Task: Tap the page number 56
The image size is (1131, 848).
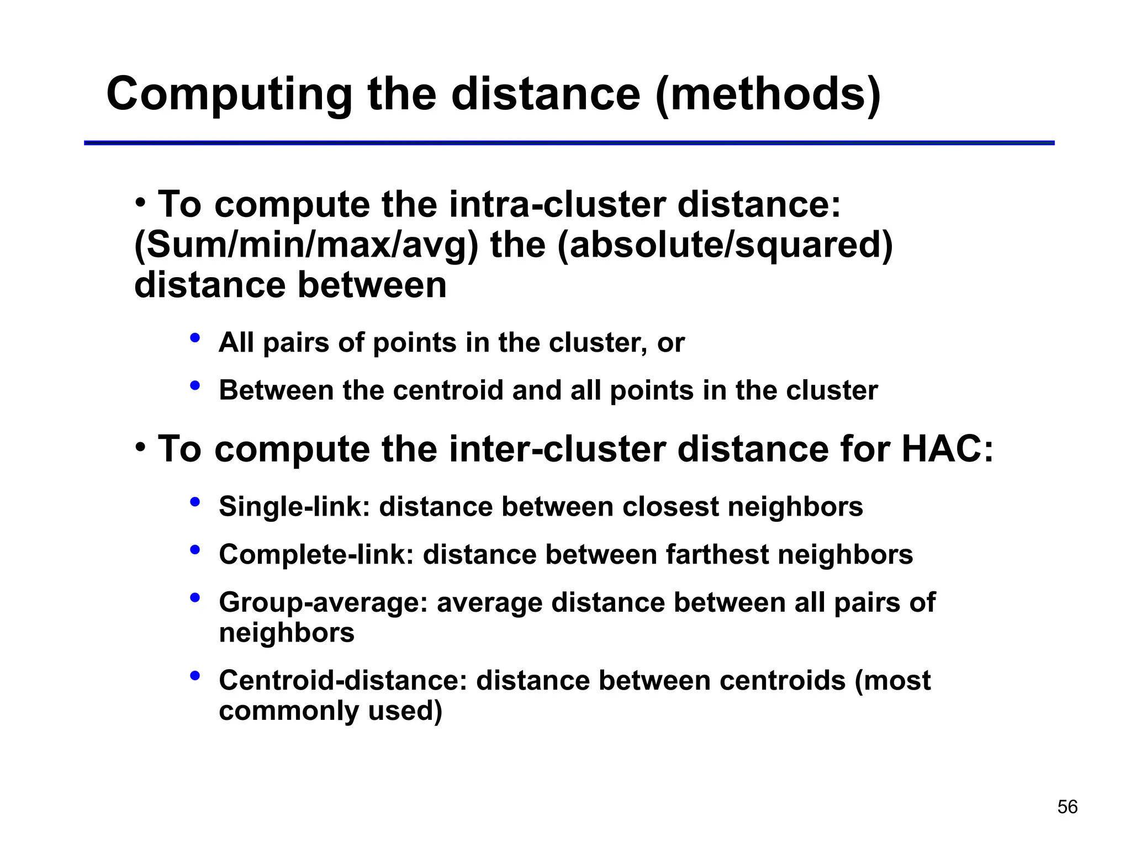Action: (x=1067, y=807)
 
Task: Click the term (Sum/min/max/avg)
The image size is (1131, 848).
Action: (x=306, y=245)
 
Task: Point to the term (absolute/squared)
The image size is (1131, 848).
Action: (x=725, y=245)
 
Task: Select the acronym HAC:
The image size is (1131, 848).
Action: (x=947, y=449)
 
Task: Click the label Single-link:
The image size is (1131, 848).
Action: (x=294, y=507)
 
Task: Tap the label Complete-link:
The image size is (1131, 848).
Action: (x=316, y=555)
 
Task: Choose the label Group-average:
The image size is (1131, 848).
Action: (x=323, y=602)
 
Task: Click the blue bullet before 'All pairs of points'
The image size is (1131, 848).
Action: (x=194, y=338)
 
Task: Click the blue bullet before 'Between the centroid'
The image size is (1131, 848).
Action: (x=194, y=386)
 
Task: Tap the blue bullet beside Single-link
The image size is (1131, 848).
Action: (x=194, y=502)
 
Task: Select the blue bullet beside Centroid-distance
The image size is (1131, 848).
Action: (x=194, y=676)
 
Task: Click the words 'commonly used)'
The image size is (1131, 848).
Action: (x=330, y=711)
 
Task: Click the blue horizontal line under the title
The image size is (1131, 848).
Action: (x=569, y=143)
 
